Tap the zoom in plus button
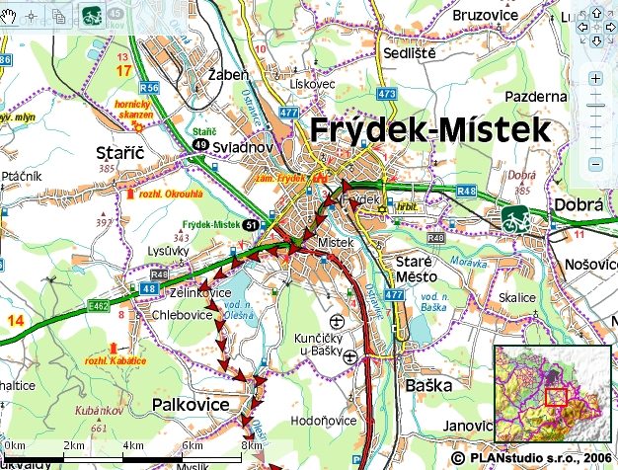[x=595, y=78]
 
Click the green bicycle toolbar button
[x=92, y=15]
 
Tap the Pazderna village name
[x=535, y=96]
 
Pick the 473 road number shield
[x=386, y=94]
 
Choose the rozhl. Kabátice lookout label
[x=116, y=361]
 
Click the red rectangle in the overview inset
[x=555, y=397]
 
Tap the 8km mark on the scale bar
[x=253, y=446]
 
